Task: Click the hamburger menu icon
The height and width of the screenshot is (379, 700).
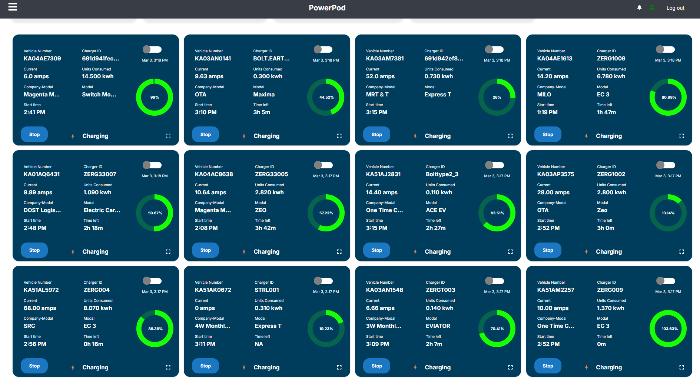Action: (13, 7)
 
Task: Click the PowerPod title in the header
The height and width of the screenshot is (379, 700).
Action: (327, 8)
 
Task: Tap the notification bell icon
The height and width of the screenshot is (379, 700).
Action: (639, 7)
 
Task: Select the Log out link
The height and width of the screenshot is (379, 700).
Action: (675, 8)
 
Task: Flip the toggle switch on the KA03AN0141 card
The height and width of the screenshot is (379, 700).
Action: (323, 49)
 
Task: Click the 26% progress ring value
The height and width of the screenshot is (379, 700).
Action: (497, 97)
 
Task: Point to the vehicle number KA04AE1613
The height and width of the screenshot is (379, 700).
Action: (554, 59)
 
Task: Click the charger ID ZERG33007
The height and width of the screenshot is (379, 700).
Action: (100, 174)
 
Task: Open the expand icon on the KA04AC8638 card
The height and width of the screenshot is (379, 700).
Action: (339, 252)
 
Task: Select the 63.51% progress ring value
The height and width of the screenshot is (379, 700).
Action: (497, 213)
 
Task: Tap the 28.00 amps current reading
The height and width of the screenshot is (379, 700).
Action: (553, 192)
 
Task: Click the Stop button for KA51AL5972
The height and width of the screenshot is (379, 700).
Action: (34, 366)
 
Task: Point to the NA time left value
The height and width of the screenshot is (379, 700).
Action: (259, 344)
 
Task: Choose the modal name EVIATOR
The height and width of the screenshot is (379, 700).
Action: (438, 326)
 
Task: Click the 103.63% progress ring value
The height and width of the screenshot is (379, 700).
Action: (669, 329)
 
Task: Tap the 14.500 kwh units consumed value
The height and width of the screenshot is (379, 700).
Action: (98, 76)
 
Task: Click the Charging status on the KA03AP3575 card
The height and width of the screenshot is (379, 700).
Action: (608, 252)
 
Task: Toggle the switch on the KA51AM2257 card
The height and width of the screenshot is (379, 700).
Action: (665, 281)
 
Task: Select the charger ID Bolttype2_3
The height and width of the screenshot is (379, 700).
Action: (442, 174)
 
